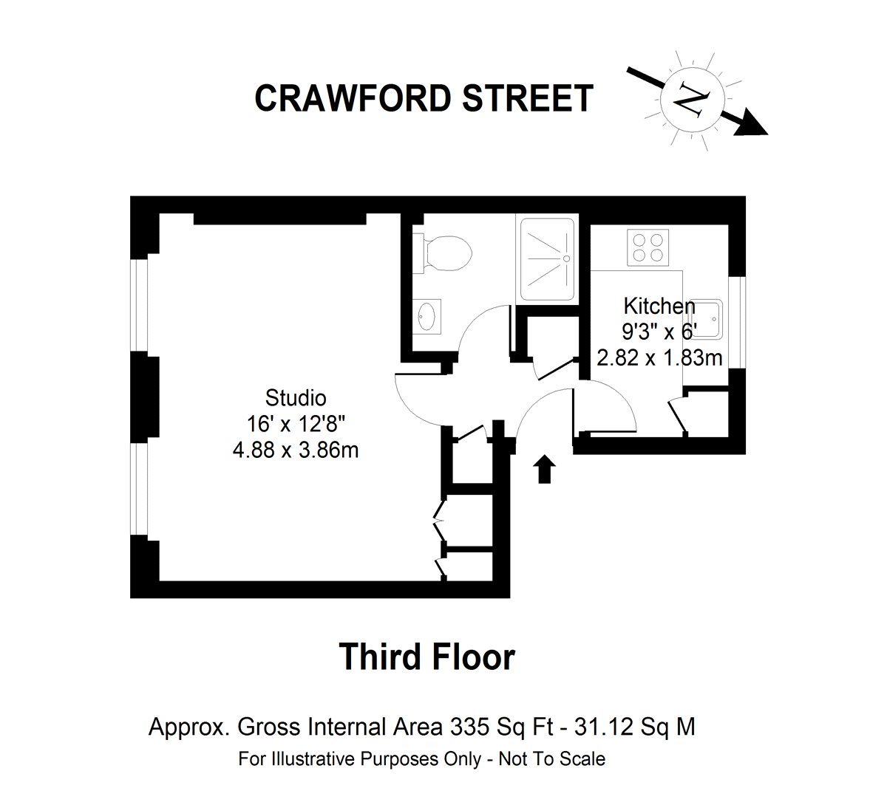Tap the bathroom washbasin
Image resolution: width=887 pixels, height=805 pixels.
[427, 316]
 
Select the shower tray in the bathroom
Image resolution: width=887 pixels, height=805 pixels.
[547, 259]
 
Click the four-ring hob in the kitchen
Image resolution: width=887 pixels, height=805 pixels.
[648, 247]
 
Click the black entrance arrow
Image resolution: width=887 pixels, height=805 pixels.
[544, 469]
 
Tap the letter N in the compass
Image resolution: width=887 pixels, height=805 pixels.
[692, 100]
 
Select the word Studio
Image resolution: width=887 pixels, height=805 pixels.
[296, 398]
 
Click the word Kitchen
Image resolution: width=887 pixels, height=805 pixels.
[659, 306]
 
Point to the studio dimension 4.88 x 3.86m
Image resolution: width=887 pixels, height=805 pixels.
[296, 451]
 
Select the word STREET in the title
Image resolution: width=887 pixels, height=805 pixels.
[528, 98]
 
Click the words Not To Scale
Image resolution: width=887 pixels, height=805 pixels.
[552, 759]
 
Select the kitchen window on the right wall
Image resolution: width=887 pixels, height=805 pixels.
[737, 323]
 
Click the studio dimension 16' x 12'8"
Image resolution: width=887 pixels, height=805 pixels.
[296, 424]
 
